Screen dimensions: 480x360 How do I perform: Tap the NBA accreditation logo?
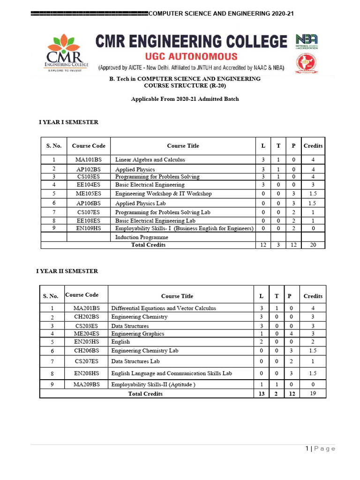(307, 41)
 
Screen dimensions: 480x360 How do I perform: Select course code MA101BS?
(88, 160)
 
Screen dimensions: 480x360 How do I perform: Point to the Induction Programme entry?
(142, 237)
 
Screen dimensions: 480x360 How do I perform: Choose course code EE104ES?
(88, 185)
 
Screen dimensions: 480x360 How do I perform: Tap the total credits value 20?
(313, 245)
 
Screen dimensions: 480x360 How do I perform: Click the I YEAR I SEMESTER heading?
(68, 122)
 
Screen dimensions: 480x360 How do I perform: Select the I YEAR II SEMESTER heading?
(67, 271)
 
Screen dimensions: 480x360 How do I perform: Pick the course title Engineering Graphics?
(137, 334)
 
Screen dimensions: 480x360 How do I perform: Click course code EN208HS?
(86, 374)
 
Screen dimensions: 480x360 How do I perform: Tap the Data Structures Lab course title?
(135, 361)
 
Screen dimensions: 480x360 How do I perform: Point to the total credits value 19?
(313, 394)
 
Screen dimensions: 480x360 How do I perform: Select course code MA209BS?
(86, 384)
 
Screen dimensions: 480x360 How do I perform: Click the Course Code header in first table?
(88, 146)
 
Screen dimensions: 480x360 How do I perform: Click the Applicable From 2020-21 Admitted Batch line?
(185, 99)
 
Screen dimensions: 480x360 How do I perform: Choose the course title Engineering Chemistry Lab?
(144, 351)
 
